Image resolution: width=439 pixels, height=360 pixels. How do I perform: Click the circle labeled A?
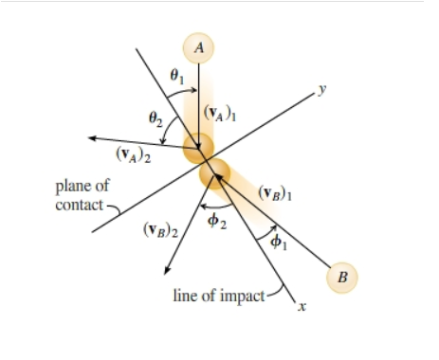(198, 45)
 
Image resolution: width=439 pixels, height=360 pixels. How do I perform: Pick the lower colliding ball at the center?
(215, 175)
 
